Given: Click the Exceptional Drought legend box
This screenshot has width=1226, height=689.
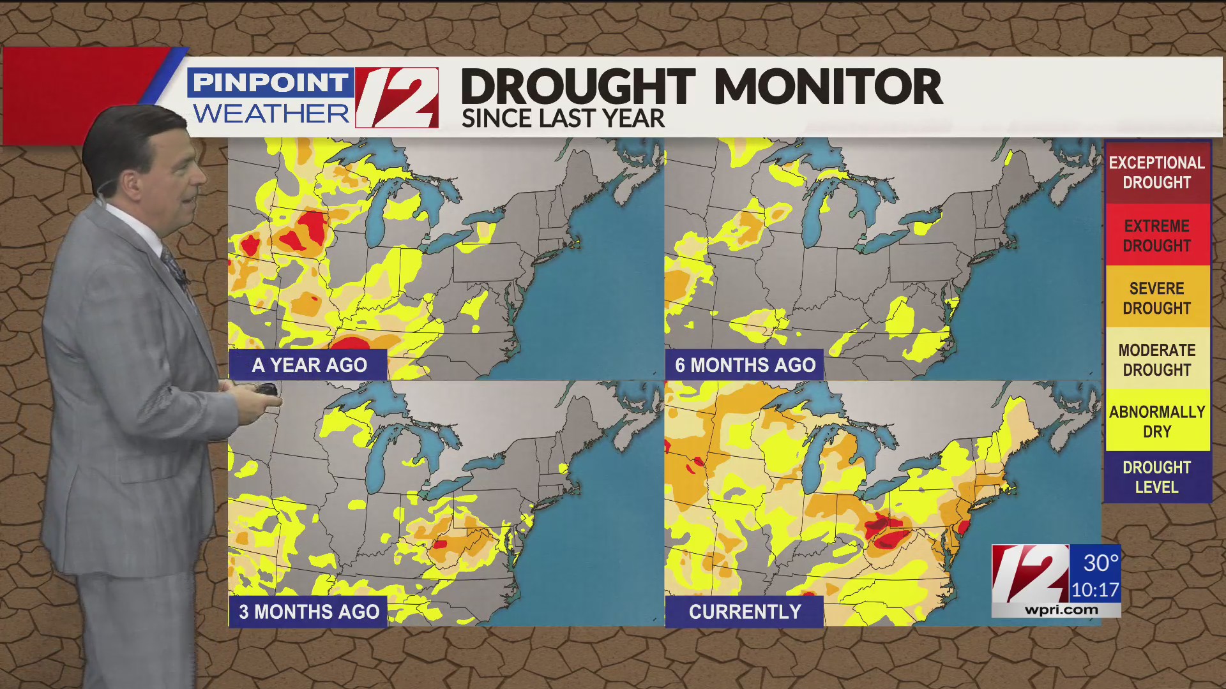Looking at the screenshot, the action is point(1156,172).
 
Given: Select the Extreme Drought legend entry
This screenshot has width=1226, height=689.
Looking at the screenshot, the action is point(1156,235).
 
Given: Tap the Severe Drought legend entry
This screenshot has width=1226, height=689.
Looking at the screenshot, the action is point(1156,298).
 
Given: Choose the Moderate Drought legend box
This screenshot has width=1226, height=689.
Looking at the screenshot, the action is point(1156,360).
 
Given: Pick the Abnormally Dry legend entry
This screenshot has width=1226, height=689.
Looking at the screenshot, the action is point(1156,422).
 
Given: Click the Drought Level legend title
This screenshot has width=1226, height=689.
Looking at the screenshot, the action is point(1156,477).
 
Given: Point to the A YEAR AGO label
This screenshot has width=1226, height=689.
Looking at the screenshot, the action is point(309,365).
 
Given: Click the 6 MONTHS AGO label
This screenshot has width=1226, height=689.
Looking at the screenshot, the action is point(745,365).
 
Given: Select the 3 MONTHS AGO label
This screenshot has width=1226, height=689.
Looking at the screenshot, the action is point(309,612).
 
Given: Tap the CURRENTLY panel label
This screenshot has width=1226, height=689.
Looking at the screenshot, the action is point(745,612).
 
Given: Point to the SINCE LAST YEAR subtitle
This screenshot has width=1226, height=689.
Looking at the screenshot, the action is point(563,119).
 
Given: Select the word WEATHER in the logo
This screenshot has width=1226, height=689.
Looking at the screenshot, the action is point(271,114).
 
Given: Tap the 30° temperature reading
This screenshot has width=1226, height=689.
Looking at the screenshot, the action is point(1101,563).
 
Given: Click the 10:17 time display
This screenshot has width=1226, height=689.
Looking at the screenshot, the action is point(1095,590).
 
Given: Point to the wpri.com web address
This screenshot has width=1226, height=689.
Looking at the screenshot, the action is point(1061,610).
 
